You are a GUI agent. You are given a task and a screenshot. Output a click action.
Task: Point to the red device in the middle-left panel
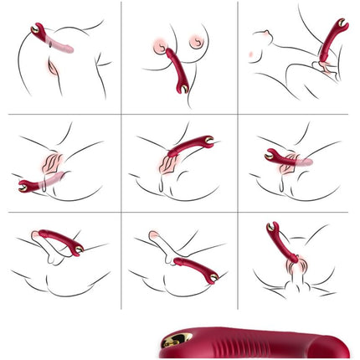click(34, 184)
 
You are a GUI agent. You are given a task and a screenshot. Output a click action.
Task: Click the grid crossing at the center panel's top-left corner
click(121, 115)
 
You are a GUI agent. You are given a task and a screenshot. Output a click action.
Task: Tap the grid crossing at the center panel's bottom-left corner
click(121, 211)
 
